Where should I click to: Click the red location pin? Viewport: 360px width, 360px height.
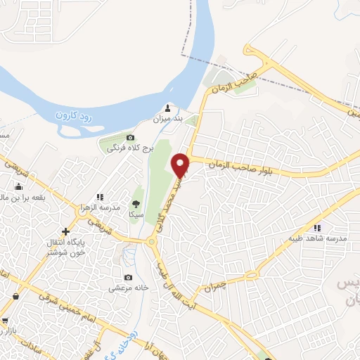coord(181,165)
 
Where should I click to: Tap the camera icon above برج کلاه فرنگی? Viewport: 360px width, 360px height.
coord(130,137)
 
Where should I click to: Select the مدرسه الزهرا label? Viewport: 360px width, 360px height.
coord(101,210)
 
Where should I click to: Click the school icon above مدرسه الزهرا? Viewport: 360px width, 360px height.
coord(101,198)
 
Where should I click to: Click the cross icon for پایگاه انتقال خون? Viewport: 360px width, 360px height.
coord(65,231)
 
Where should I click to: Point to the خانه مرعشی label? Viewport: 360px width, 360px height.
coord(127,288)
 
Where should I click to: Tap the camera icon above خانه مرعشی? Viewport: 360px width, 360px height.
coord(127,278)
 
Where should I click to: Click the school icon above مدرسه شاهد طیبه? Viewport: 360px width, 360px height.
coord(316,227)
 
